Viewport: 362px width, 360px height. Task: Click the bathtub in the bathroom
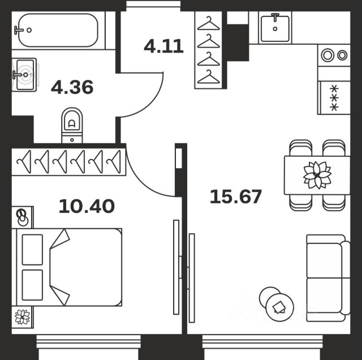click(x=58, y=30)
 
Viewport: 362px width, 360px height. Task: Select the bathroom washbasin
click(x=24, y=75)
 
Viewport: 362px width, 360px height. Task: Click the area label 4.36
click(x=72, y=87)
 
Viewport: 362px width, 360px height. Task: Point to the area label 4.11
click(x=163, y=46)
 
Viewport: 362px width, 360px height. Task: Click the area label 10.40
click(x=87, y=206)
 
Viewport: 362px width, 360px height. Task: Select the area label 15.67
click(x=236, y=196)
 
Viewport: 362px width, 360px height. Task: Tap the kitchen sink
click(x=275, y=28)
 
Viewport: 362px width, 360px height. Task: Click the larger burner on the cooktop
click(x=327, y=55)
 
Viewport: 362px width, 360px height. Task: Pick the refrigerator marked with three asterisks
click(x=334, y=98)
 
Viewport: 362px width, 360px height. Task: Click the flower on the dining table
click(x=317, y=175)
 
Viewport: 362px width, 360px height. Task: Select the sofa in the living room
click(x=328, y=278)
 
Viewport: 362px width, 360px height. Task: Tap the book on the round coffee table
click(x=279, y=307)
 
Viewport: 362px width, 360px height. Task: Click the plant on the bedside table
click(x=22, y=317)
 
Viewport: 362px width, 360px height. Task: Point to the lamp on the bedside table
click(x=23, y=218)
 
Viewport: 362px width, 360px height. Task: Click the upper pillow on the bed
click(x=32, y=250)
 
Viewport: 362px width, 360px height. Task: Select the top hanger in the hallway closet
click(x=209, y=23)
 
